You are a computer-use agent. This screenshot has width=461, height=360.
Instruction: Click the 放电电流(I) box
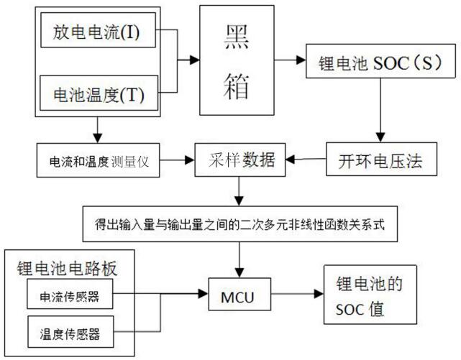(x=98, y=30)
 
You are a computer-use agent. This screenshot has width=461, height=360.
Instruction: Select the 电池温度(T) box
(x=99, y=93)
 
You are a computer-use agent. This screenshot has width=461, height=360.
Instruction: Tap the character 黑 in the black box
(x=237, y=37)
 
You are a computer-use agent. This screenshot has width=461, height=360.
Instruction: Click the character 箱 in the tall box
(x=237, y=86)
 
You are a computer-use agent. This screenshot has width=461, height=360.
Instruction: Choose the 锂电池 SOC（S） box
(x=380, y=61)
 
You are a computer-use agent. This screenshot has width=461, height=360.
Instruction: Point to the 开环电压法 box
(x=382, y=159)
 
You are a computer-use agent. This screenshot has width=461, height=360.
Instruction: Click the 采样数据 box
(x=240, y=160)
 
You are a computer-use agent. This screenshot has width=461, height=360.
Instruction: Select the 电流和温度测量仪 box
(x=99, y=160)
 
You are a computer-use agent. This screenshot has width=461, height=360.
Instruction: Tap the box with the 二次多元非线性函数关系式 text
(x=240, y=223)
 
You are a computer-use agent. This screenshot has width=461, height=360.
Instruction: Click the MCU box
(x=239, y=294)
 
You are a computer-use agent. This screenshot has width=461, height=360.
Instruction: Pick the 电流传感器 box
(x=70, y=294)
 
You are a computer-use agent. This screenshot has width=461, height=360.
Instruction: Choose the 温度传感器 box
(x=70, y=332)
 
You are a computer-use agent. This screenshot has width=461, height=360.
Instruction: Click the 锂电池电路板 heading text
(x=67, y=268)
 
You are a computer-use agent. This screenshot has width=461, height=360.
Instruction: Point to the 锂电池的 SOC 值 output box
(x=370, y=295)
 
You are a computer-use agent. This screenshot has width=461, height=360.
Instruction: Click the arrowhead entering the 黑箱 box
(x=195, y=60)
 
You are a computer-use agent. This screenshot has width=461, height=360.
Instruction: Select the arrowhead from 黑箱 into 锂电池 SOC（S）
(x=301, y=60)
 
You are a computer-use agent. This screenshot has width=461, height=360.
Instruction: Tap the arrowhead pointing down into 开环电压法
(x=380, y=137)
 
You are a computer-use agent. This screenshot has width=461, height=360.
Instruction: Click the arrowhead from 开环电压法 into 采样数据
(x=291, y=160)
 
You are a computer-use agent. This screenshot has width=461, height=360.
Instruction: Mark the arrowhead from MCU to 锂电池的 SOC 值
(x=319, y=294)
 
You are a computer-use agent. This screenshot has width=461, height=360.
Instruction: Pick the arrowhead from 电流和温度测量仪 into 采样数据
(x=190, y=160)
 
